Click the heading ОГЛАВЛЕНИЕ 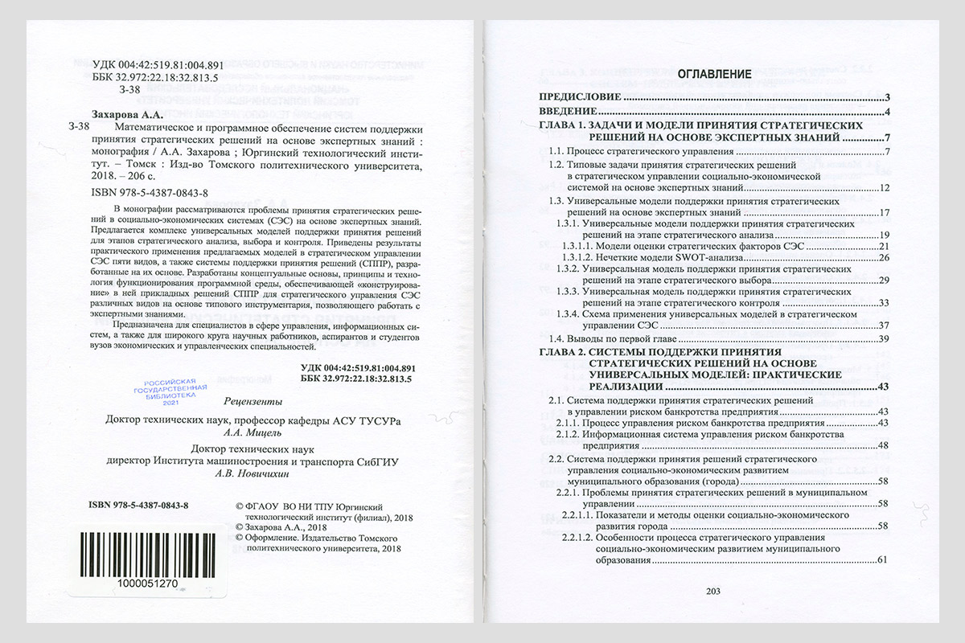coord(714,75)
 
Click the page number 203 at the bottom coord(712,592)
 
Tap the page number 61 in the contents coord(882,559)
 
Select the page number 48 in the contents coord(882,445)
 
